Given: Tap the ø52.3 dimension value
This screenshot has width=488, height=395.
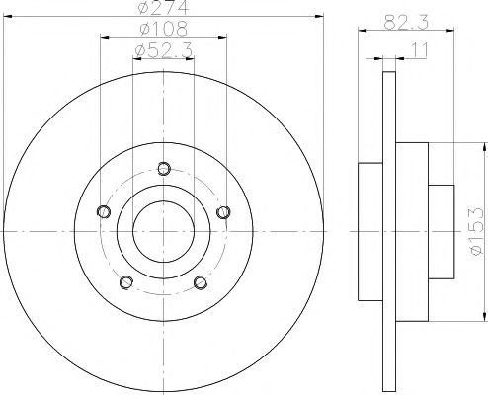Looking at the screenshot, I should point(163,49).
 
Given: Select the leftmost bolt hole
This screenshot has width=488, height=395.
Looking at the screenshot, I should point(103,210).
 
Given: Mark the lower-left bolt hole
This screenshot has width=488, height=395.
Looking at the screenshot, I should point(126,282).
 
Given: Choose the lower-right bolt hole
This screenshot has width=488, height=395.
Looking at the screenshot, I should point(202,282).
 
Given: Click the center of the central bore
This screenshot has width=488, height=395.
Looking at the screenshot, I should point(164,230).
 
